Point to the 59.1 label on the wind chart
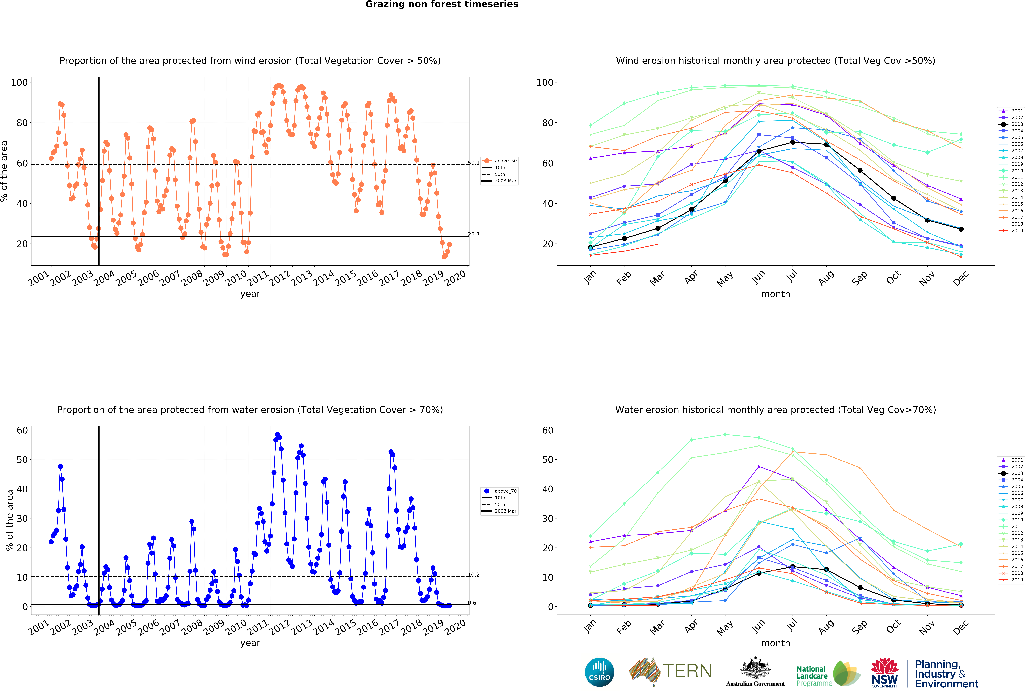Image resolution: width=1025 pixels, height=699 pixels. coord(474,163)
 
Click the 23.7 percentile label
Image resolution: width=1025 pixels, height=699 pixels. coord(474,234)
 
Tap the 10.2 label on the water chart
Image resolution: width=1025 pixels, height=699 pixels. coord(474,575)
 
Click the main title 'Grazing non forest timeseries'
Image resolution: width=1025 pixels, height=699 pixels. coord(441,4)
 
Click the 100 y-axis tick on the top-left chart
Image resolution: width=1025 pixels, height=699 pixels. coord(19,83)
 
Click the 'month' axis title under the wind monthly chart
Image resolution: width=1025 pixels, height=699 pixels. coord(775,294)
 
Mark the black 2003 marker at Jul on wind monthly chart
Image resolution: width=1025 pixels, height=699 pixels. coord(793,142)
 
